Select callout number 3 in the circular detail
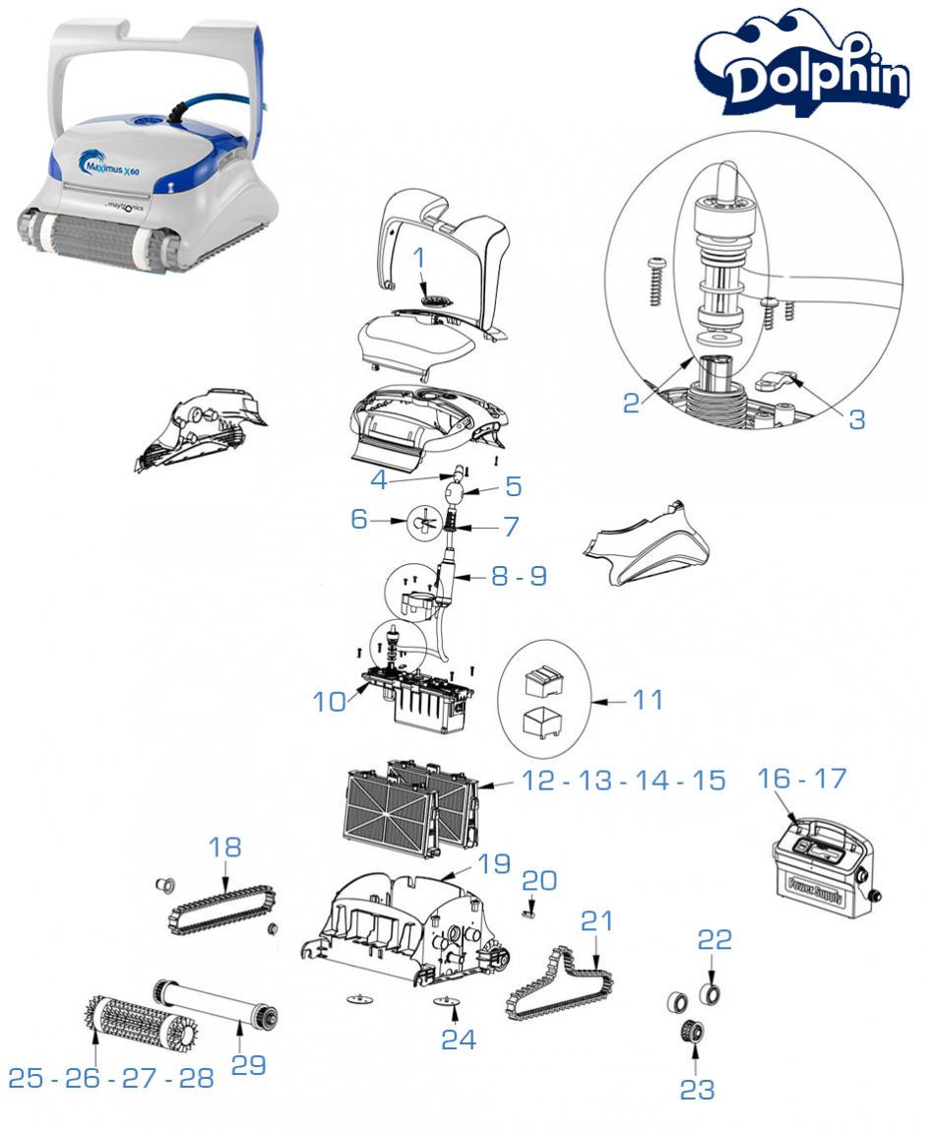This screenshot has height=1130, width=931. tap(856, 418)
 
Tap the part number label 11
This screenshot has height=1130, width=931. tap(648, 701)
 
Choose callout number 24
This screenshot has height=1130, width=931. tap(458, 1039)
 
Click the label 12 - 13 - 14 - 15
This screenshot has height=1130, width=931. tap(624, 781)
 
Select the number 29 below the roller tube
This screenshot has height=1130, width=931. tap(248, 1064)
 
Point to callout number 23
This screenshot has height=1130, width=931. tap(697, 1089)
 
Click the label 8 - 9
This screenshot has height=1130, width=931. tap(519, 576)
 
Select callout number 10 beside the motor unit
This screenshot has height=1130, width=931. tap(331, 701)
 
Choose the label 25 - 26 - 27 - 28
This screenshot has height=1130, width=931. tap(111, 1077)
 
